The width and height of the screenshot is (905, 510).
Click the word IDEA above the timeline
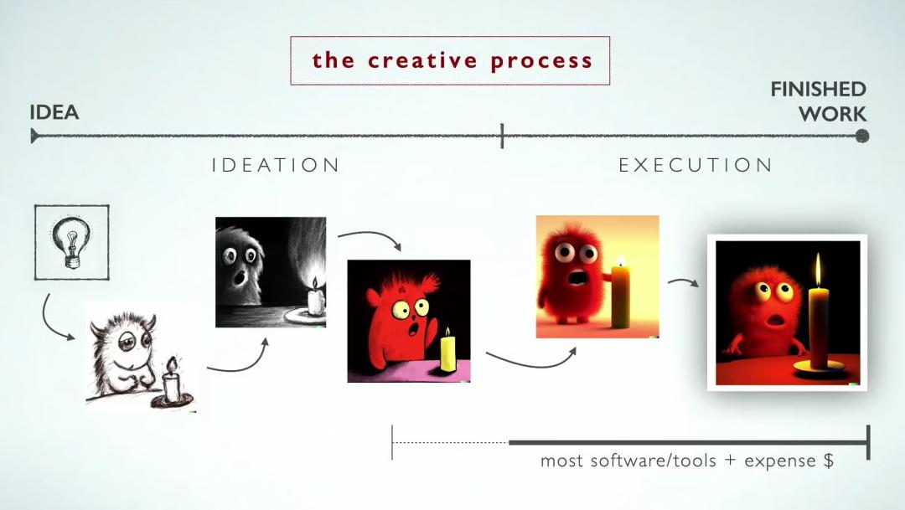54,112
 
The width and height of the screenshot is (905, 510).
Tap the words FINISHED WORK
819,101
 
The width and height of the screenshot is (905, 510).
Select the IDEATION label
276,166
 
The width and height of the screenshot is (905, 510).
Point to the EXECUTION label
696,166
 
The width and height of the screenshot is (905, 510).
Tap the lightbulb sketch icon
71,242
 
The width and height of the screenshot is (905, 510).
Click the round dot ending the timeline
862,137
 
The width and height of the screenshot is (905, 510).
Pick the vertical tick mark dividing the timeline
502,137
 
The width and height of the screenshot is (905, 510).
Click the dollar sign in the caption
829,461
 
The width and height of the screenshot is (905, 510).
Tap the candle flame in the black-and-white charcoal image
314,282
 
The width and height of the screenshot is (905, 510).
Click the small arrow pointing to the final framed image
684,281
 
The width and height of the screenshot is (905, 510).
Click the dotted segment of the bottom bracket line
450,442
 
